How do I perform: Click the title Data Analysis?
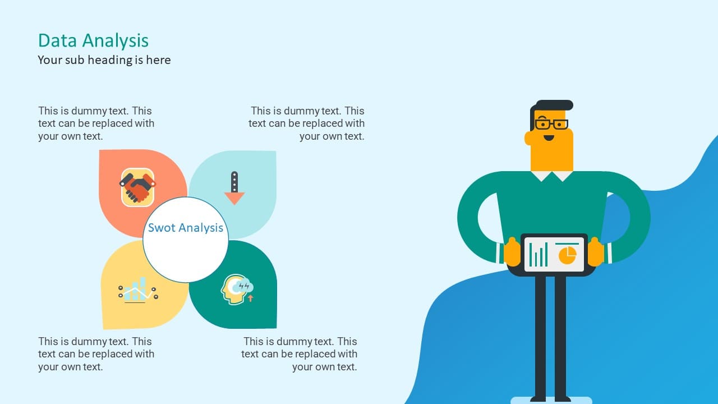(x=93, y=41)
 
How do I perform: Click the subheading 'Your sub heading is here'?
(x=104, y=60)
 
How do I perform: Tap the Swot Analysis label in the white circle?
(x=186, y=228)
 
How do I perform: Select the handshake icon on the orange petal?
(x=137, y=187)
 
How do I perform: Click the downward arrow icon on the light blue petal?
(x=234, y=188)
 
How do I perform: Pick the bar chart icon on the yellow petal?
(x=138, y=290)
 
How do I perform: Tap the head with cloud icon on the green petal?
(x=237, y=289)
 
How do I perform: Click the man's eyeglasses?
(x=551, y=124)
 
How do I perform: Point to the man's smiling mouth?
(x=549, y=138)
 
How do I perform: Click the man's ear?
(x=528, y=138)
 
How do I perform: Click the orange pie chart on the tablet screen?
(x=567, y=255)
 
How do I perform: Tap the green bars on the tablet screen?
(x=538, y=255)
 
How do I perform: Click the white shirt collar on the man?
(x=551, y=176)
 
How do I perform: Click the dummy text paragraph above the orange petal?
(x=96, y=123)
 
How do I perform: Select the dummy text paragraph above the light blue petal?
(x=306, y=123)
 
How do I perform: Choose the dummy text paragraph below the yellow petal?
(x=96, y=354)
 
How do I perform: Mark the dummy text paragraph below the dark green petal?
(x=299, y=354)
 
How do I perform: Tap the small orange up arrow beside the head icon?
(x=251, y=299)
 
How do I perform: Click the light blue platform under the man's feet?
(x=551, y=400)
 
